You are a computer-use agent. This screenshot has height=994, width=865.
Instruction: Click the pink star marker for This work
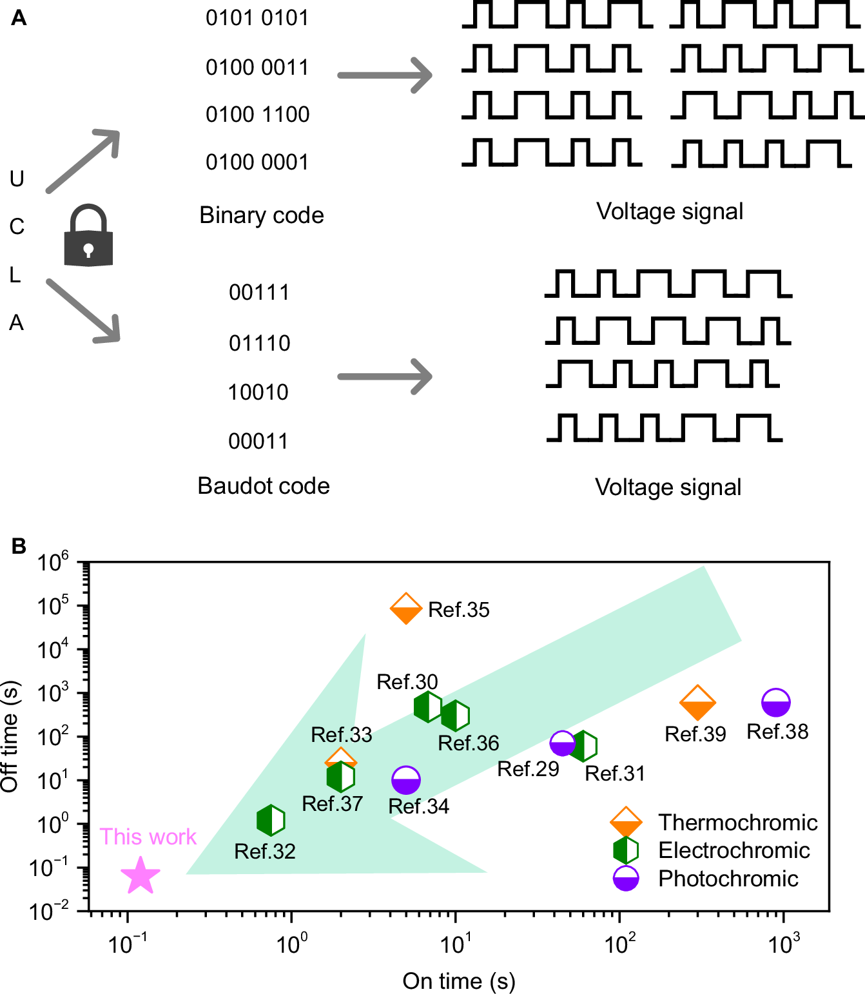[140, 876]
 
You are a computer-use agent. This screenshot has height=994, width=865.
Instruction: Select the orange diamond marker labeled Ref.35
[406, 609]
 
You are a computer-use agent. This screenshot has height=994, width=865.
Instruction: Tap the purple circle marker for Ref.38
[775, 703]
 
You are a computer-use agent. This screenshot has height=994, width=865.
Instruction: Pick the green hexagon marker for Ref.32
[271, 821]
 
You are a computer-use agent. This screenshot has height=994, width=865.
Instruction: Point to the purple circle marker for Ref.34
[406, 781]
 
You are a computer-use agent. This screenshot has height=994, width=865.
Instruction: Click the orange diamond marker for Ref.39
[697, 703]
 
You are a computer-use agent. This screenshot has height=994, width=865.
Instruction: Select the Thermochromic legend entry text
[737, 823]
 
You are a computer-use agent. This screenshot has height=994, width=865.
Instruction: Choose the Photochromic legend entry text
[728, 879]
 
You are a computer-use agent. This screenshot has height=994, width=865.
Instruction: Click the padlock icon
[88, 236]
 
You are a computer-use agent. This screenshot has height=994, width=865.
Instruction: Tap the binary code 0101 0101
[257, 18]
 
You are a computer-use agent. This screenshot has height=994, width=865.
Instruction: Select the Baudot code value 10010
[258, 392]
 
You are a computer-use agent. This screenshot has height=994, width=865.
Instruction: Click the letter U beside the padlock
[17, 179]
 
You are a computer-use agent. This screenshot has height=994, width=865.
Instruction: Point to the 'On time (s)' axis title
[459, 980]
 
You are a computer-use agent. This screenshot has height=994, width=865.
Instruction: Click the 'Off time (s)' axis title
[10, 736]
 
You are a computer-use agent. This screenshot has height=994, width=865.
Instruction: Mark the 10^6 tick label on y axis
[53, 563]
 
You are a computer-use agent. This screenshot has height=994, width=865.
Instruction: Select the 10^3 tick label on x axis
[783, 944]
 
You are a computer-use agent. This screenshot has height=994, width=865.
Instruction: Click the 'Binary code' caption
[261, 215]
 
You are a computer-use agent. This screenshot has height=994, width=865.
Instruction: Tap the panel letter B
[19, 546]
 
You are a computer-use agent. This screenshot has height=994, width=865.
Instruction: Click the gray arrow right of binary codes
[385, 75]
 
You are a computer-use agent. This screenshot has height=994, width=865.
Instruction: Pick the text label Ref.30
[407, 681]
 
